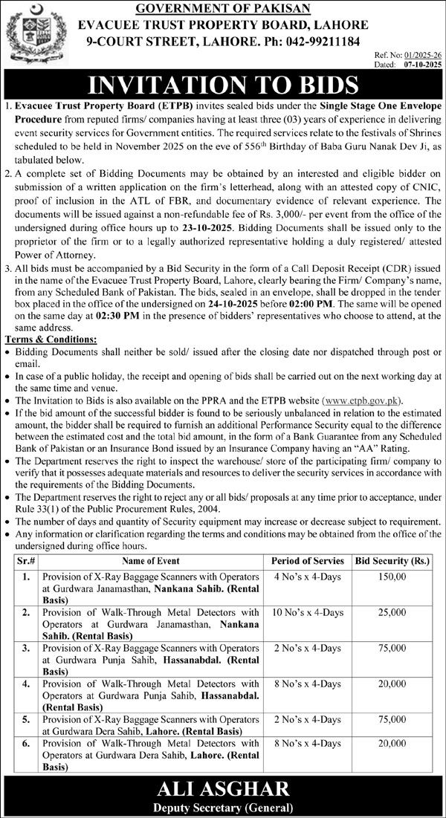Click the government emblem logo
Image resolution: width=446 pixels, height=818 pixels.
[x=28, y=34]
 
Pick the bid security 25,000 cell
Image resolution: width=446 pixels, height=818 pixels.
[x=392, y=613]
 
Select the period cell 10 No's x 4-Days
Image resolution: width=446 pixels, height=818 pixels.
[x=307, y=613]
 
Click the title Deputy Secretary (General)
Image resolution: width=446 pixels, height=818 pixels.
[x=223, y=806]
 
